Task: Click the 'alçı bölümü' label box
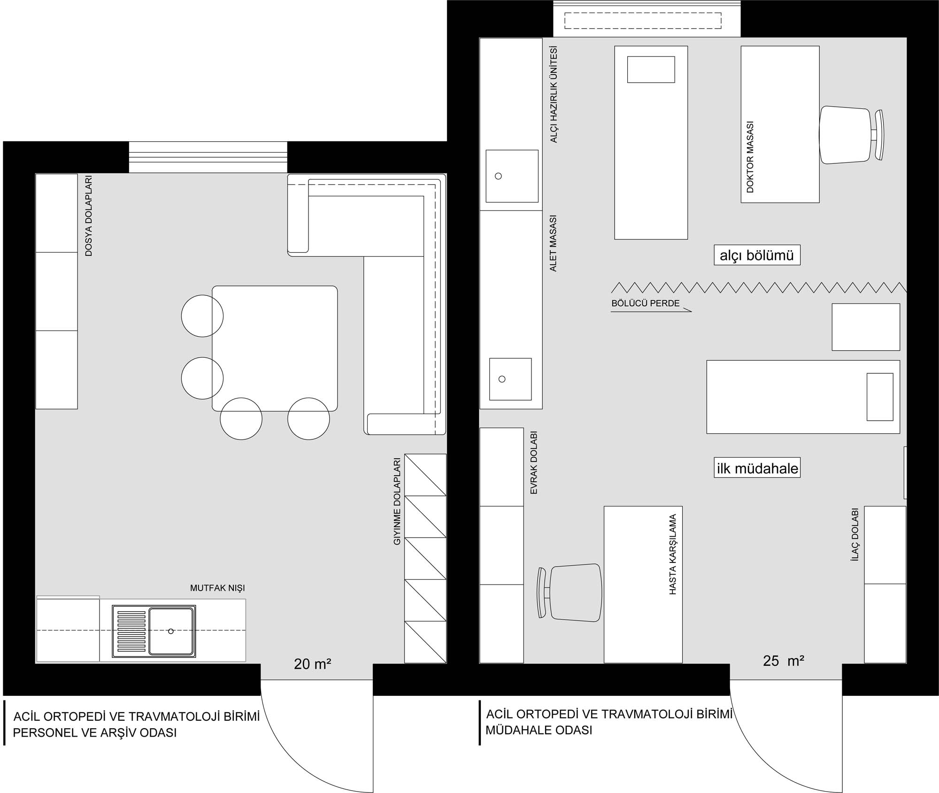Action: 757,255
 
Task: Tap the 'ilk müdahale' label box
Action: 757,468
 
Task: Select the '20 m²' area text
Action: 313,663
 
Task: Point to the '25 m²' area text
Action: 784,661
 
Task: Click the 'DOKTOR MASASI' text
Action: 750,157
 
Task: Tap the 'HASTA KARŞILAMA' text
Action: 673,554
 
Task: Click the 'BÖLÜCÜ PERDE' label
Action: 646,303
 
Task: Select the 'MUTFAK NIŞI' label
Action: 217,588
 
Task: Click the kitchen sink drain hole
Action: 171,631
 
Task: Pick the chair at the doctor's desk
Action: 851,135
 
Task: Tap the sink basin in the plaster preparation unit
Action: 512,176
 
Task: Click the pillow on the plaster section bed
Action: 651,69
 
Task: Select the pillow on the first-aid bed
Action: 880,397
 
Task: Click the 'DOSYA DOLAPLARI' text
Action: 89,216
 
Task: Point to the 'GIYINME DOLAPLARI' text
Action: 397,501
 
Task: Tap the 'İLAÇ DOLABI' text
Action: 855,535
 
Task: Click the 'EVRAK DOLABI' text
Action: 534,463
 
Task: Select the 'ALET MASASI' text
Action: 553,243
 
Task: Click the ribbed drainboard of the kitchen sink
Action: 131,631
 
